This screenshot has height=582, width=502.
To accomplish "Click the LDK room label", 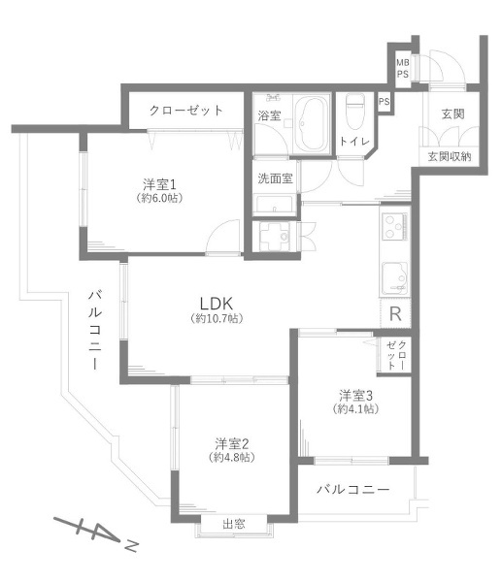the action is pos(217,304).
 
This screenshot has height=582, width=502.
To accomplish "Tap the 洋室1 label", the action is pos(159,184).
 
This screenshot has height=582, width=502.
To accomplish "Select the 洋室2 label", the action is pos(231,443).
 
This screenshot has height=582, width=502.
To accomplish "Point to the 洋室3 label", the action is pos(355,396).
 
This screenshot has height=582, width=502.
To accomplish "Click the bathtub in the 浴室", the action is pos(312,124).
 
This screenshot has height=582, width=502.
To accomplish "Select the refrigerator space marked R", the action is pos(395,313).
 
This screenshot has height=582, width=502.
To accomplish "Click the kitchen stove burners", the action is pos(395,226).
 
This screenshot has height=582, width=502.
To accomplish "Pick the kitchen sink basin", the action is pos(395,278).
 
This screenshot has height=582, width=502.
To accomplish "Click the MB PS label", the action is pos(402,69).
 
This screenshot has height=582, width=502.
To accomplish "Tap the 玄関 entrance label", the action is pos(452,113).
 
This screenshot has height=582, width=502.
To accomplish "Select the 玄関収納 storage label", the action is pos(450,156).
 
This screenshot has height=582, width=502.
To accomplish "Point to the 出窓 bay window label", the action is pos(234,524).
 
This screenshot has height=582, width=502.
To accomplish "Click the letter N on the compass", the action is pos(131,546).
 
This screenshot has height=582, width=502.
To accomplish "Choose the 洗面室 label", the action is pos(275,178).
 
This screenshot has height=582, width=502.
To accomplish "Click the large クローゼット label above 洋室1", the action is pos(185,111).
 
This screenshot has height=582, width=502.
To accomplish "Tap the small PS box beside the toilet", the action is pos(385,101).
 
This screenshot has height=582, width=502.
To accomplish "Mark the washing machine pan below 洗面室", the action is pos(276,236).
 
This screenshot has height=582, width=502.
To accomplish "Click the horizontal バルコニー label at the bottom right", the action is pos(353,490).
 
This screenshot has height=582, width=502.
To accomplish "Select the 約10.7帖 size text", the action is pos(217,318).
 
